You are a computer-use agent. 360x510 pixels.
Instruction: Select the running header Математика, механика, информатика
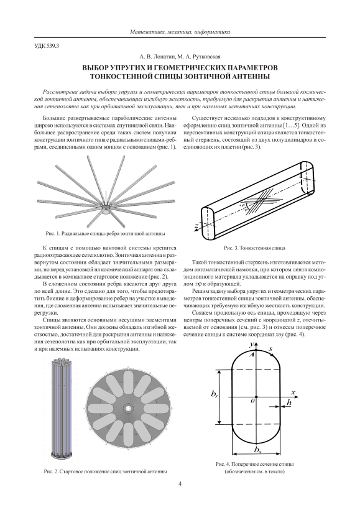click(180, 32)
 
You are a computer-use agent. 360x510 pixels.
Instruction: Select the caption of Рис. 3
click(255, 248)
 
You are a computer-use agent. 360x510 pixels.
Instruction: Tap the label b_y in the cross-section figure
click(215, 394)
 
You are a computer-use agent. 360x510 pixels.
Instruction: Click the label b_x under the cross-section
click(257, 450)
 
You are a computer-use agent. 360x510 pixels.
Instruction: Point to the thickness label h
click(288, 402)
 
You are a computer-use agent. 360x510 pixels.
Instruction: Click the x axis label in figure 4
click(292, 392)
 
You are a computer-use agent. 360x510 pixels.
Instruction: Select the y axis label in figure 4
click(251, 344)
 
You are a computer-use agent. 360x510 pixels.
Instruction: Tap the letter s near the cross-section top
click(270, 348)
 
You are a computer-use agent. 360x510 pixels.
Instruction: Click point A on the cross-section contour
click(251, 355)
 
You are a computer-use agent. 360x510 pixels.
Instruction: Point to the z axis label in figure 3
click(197, 225)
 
